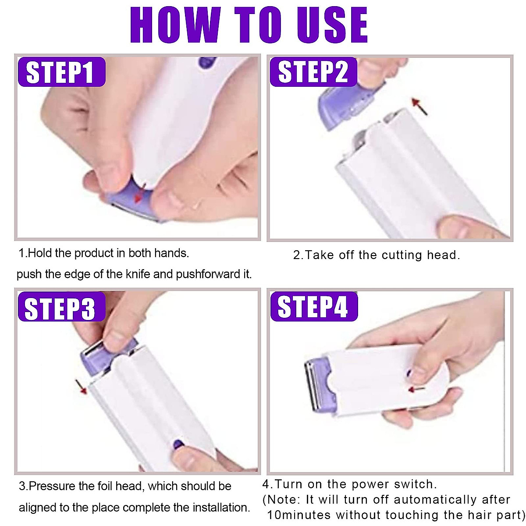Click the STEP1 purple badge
click(61, 72)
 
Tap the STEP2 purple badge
click(313, 72)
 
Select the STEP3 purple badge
click(61, 308)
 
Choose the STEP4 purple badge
click(314, 307)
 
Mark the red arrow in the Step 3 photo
click(80, 387)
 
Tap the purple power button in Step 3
click(178, 444)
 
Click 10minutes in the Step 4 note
click(299, 515)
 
